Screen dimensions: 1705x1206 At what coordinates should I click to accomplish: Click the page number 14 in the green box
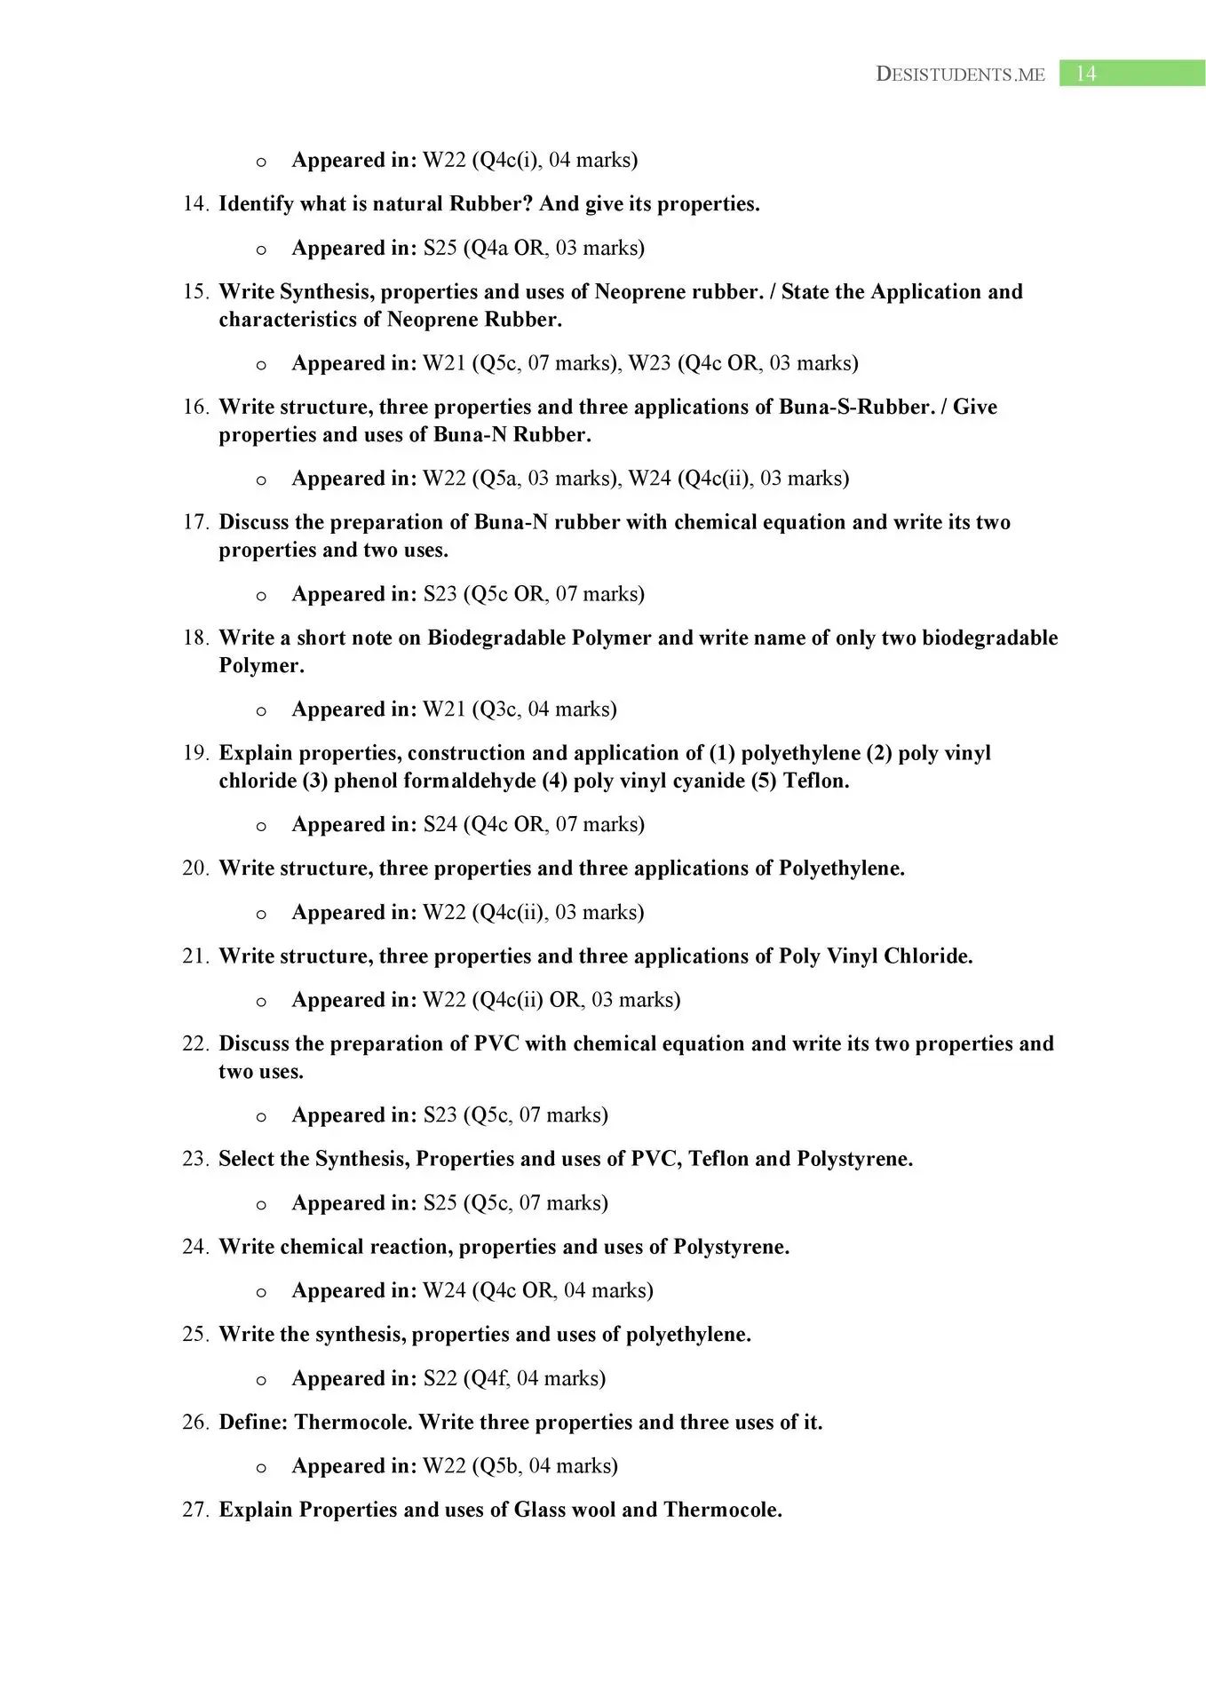1086,74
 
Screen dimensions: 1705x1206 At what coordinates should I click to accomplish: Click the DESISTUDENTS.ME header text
960,75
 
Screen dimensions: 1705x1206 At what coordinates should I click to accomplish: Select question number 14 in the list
195,204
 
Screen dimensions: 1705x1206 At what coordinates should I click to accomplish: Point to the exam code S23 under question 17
440,594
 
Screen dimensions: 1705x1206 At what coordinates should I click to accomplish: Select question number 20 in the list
195,868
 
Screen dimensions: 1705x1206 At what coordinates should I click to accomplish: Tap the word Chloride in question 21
925,956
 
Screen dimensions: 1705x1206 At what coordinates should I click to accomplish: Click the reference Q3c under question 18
496,710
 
